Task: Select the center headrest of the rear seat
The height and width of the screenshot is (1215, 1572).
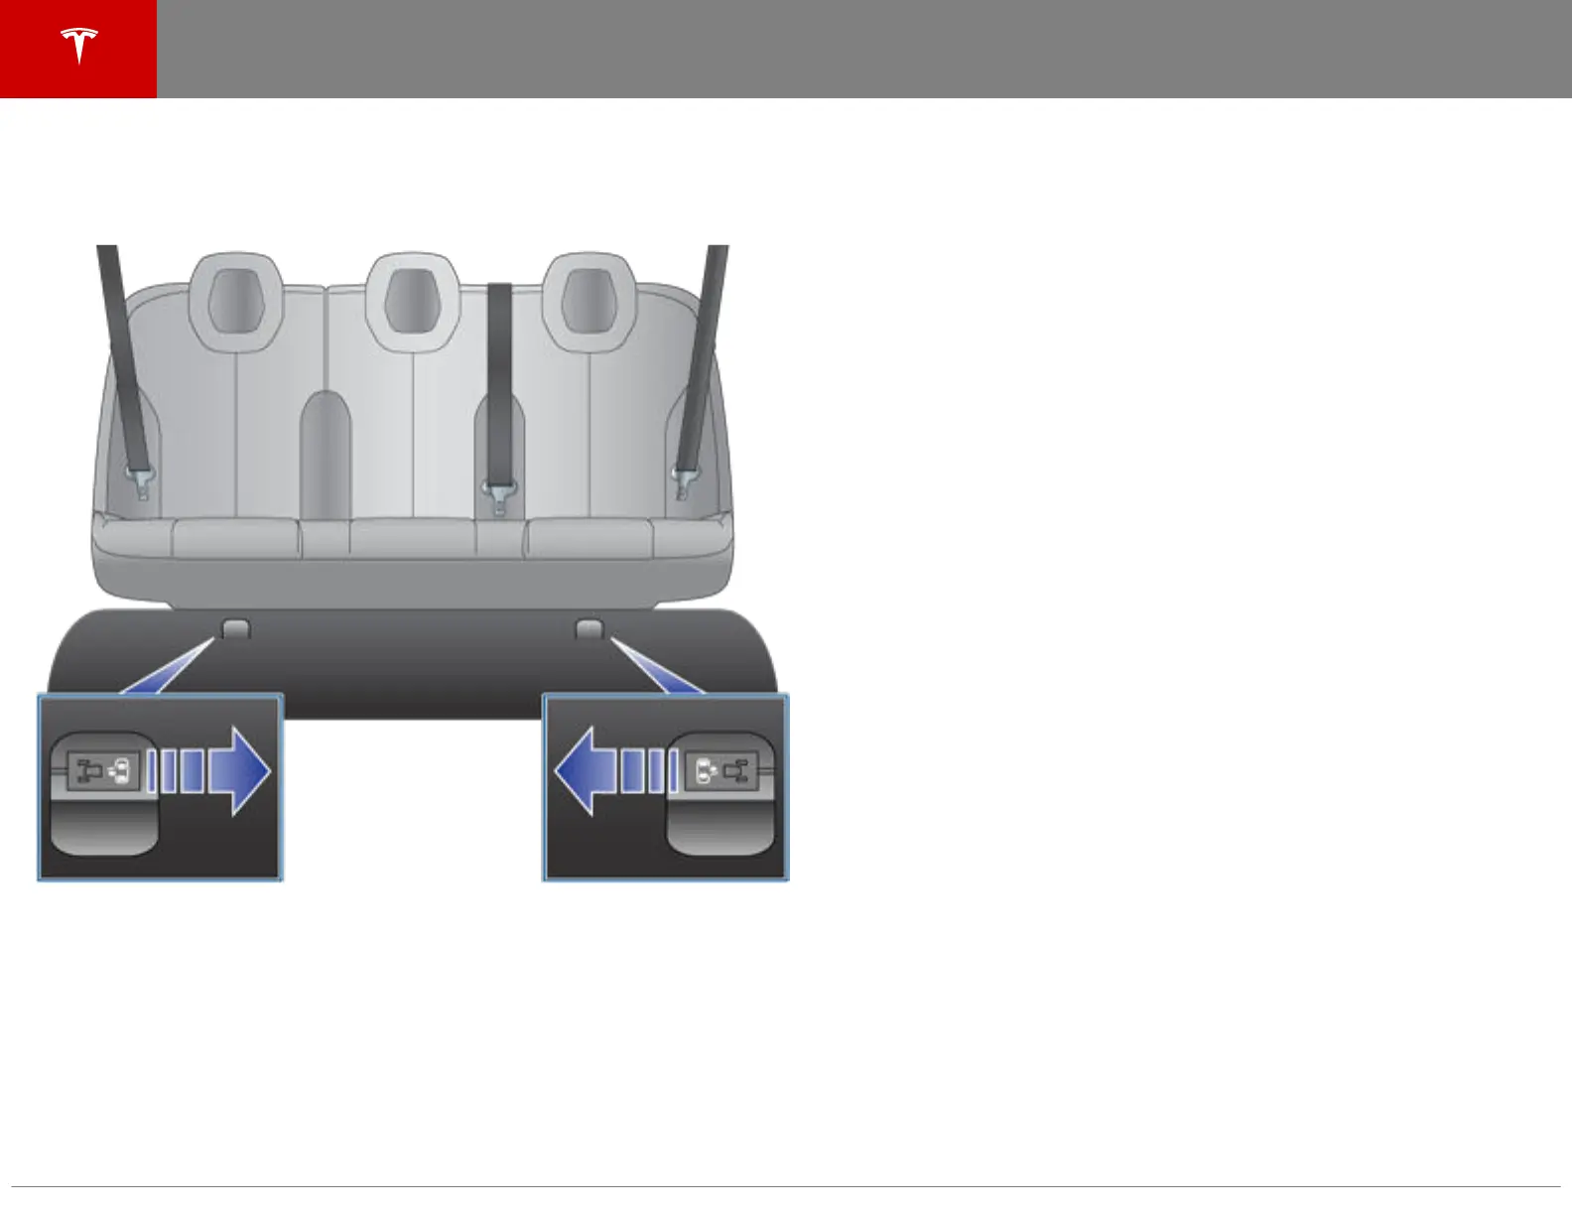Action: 412,301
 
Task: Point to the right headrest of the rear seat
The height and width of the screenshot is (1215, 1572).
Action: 589,301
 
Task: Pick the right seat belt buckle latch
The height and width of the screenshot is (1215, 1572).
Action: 683,481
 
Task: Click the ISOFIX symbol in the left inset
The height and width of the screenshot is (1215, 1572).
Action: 103,769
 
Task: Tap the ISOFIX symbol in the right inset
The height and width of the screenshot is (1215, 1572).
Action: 721,769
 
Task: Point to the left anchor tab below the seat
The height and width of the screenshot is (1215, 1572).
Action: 234,628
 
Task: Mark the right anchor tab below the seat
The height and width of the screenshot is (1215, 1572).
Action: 589,628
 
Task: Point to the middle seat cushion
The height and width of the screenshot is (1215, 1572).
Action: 412,539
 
